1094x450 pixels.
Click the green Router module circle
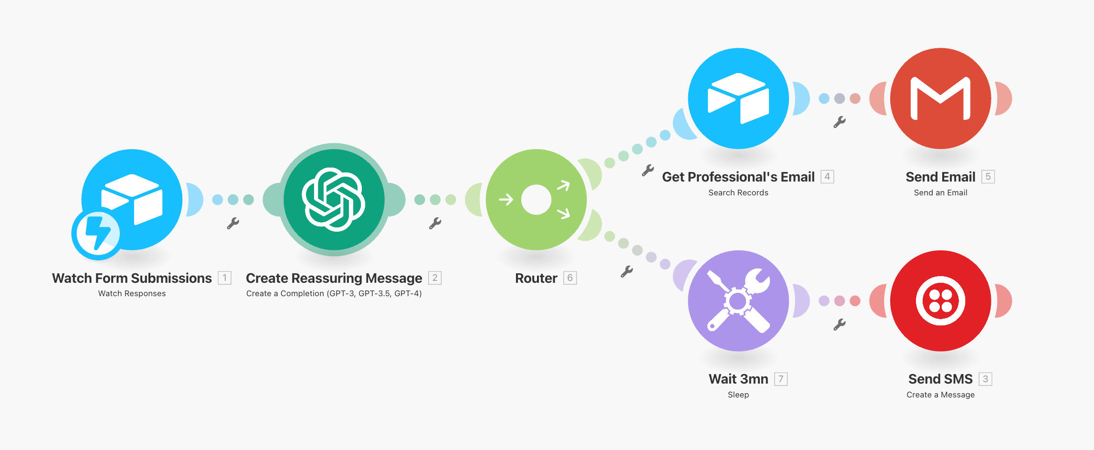[536, 200]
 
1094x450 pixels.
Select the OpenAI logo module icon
[334, 200]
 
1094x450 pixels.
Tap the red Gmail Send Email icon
[940, 98]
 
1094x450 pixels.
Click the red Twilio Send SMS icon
[940, 301]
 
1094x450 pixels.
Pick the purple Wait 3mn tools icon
[738, 301]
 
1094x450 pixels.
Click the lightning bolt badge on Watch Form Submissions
[97, 234]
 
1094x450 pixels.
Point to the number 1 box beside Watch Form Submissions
[224, 278]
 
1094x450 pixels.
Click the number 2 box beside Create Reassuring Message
[435, 278]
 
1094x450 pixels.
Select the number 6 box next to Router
[570, 278]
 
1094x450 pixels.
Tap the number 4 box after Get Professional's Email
[827, 177]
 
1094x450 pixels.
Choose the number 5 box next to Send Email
[988, 177]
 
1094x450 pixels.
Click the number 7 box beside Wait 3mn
[781, 379]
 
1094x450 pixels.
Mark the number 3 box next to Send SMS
[985, 379]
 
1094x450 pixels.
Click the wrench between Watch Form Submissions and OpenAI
[233, 223]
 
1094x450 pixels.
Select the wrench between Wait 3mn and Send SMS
[840, 325]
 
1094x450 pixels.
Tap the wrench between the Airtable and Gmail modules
[840, 122]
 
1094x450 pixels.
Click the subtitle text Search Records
[738, 193]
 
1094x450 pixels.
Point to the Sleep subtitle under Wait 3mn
[738, 395]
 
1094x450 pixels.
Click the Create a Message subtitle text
[940, 395]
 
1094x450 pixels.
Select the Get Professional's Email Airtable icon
[738, 98]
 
